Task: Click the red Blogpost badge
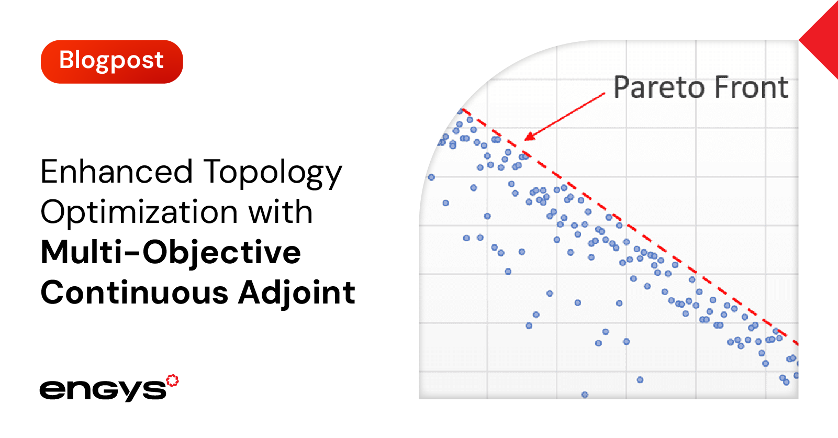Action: (112, 62)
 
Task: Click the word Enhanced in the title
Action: (117, 172)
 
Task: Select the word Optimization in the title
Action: (139, 213)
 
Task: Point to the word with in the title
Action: (281, 211)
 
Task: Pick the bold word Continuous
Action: (135, 292)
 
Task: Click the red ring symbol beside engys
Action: (172, 380)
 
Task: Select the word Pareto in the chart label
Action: (661, 87)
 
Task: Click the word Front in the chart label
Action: (752, 87)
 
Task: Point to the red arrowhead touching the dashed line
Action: (530, 136)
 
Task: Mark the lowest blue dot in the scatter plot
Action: (585, 395)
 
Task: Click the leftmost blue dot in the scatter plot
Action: (431, 177)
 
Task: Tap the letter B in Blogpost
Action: (67, 60)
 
